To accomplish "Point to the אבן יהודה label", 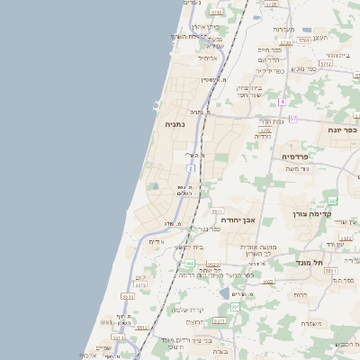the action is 238,219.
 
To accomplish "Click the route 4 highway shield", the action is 282,101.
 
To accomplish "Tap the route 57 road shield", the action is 292,117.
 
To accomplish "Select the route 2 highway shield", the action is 191,167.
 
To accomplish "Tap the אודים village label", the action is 156,241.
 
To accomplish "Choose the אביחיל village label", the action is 207,58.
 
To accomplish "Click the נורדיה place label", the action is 264,137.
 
